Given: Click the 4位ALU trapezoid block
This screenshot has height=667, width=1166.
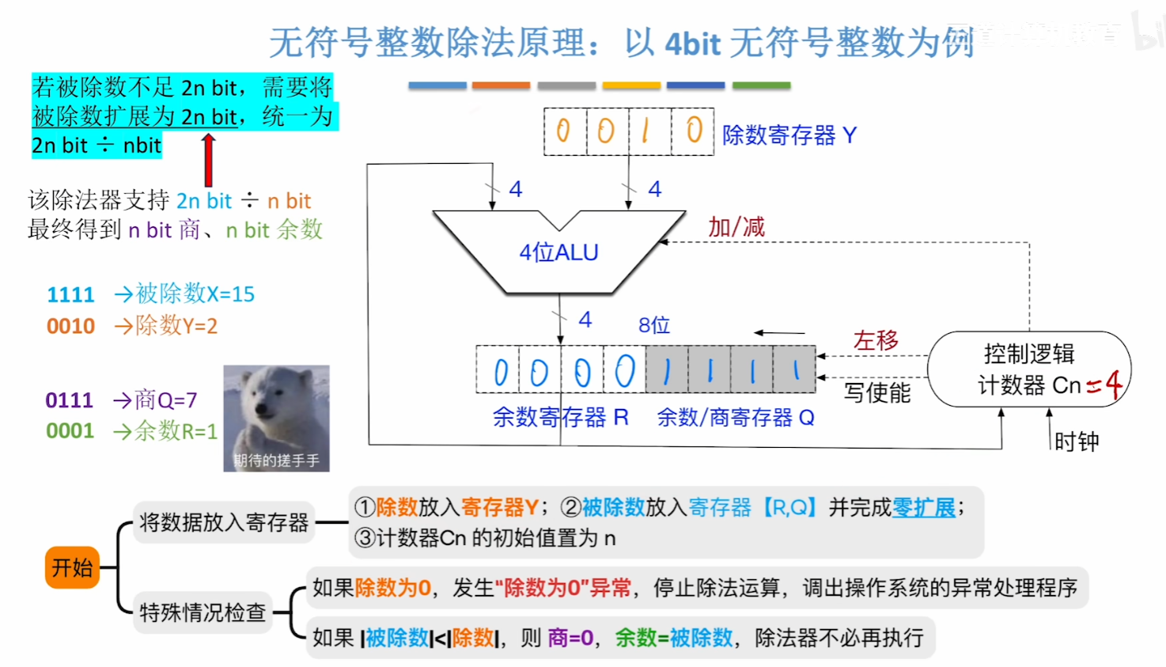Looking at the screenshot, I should (x=558, y=252).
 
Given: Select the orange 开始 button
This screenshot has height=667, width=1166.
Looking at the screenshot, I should (x=72, y=567).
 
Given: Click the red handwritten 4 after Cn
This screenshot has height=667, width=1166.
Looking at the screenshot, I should (x=1113, y=385).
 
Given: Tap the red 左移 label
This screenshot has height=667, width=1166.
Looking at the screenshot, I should (x=876, y=340).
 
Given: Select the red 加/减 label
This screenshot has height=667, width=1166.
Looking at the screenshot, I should (x=736, y=227).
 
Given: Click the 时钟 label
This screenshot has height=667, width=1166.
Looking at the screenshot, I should (x=1077, y=442).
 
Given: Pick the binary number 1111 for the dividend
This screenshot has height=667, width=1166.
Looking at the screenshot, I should (x=70, y=295).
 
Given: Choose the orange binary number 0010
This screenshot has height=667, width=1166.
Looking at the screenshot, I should (x=70, y=326).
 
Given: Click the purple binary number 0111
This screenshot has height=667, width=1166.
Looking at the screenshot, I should (x=70, y=400).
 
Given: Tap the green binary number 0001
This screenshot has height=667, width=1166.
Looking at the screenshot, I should (x=70, y=431).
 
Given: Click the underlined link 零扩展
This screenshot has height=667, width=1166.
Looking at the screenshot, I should (x=924, y=507).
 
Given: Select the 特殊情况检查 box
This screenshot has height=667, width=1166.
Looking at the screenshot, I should (x=203, y=612).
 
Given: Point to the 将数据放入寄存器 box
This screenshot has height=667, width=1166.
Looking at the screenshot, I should (x=224, y=522).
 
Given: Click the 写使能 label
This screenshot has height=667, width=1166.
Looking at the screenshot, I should (x=876, y=392).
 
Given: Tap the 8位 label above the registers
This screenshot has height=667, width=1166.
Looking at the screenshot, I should (x=654, y=325).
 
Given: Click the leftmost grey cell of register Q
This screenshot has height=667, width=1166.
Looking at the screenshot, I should (x=667, y=370).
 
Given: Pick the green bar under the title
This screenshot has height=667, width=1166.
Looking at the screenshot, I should (x=761, y=85).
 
